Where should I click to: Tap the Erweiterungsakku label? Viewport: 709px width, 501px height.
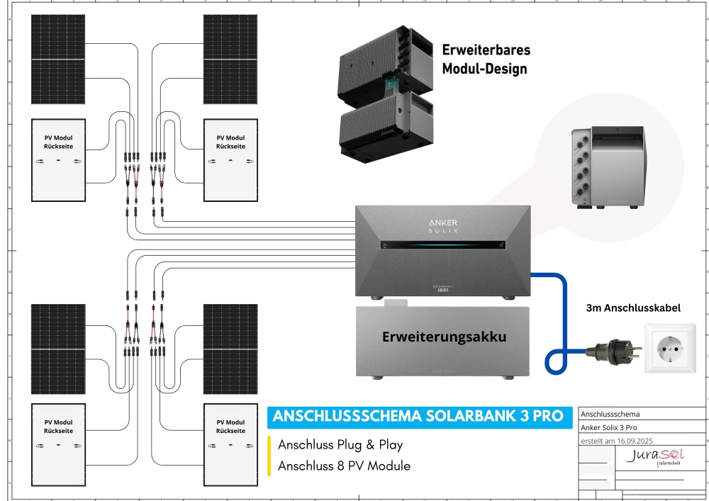pos(445,337)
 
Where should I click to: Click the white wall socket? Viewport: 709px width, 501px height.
pos(670,348)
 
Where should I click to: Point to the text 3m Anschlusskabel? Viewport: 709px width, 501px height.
pos(633,308)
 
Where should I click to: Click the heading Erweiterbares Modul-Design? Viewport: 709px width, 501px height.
pos(486,60)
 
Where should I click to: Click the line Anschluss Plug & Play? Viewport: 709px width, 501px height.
pos(340,445)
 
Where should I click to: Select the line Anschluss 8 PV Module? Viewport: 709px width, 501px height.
pos(344,466)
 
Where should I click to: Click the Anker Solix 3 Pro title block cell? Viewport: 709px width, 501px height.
pos(608,427)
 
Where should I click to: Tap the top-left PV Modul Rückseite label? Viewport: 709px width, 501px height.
pos(58,142)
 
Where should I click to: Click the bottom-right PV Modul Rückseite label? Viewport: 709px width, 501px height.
pos(230,426)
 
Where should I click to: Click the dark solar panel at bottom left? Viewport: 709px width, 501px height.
pos(58,348)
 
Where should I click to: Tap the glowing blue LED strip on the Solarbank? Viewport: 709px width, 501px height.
pos(443,246)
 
